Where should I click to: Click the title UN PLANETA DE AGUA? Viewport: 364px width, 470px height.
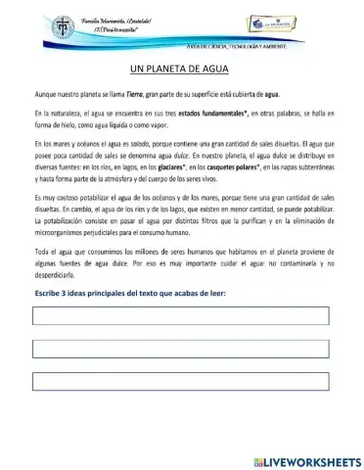181,70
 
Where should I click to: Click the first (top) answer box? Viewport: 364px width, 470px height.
181,315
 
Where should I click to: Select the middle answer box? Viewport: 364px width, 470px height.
181,349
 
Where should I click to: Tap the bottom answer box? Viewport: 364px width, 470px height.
181,382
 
